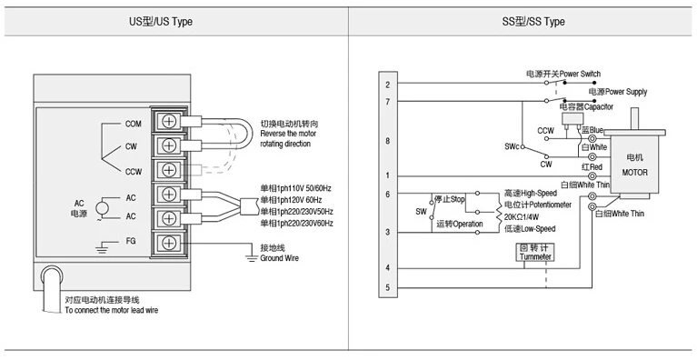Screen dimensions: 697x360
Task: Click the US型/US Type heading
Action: point(161,21)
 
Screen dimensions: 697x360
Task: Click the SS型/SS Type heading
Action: point(533,21)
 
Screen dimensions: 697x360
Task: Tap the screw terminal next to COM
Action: point(169,121)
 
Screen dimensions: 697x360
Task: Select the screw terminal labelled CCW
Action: point(169,169)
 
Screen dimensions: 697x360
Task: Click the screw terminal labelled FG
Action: point(169,243)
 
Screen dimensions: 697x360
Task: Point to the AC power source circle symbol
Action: point(103,208)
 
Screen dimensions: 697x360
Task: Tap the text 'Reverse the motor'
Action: point(288,134)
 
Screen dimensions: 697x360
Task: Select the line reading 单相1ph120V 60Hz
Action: point(291,200)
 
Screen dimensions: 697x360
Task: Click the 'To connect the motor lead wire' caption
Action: point(111,310)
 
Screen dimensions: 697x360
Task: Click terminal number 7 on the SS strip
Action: point(388,102)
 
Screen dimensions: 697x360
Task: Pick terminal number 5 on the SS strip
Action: point(388,287)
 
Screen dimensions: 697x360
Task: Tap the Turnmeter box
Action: point(535,252)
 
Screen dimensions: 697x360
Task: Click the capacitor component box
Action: point(573,119)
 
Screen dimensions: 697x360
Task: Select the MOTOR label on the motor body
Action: point(635,173)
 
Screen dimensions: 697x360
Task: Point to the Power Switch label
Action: point(580,74)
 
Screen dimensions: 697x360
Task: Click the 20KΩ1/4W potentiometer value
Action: point(522,217)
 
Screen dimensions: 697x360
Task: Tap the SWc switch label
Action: point(512,146)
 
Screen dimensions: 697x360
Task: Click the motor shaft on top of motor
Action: point(634,119)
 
